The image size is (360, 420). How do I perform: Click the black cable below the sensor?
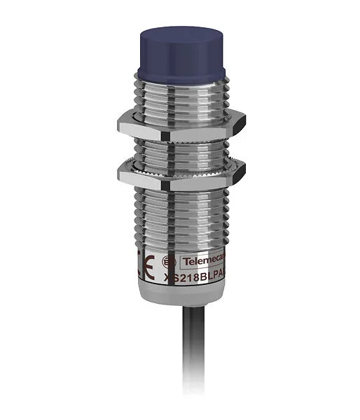(179, 378)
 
